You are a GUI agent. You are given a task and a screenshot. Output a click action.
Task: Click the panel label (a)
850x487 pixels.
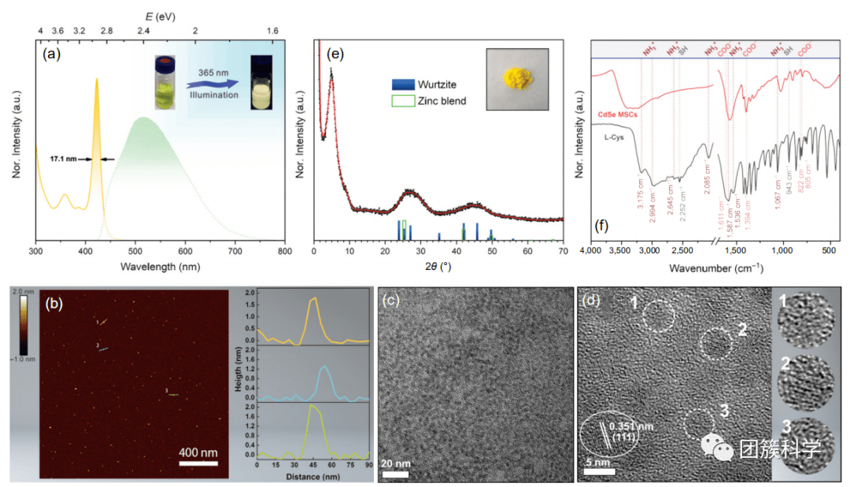click(53, 54)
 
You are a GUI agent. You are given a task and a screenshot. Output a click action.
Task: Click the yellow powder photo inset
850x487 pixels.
click(520, 78)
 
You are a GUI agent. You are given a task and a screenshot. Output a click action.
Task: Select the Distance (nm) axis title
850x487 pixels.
click(312, 476)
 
